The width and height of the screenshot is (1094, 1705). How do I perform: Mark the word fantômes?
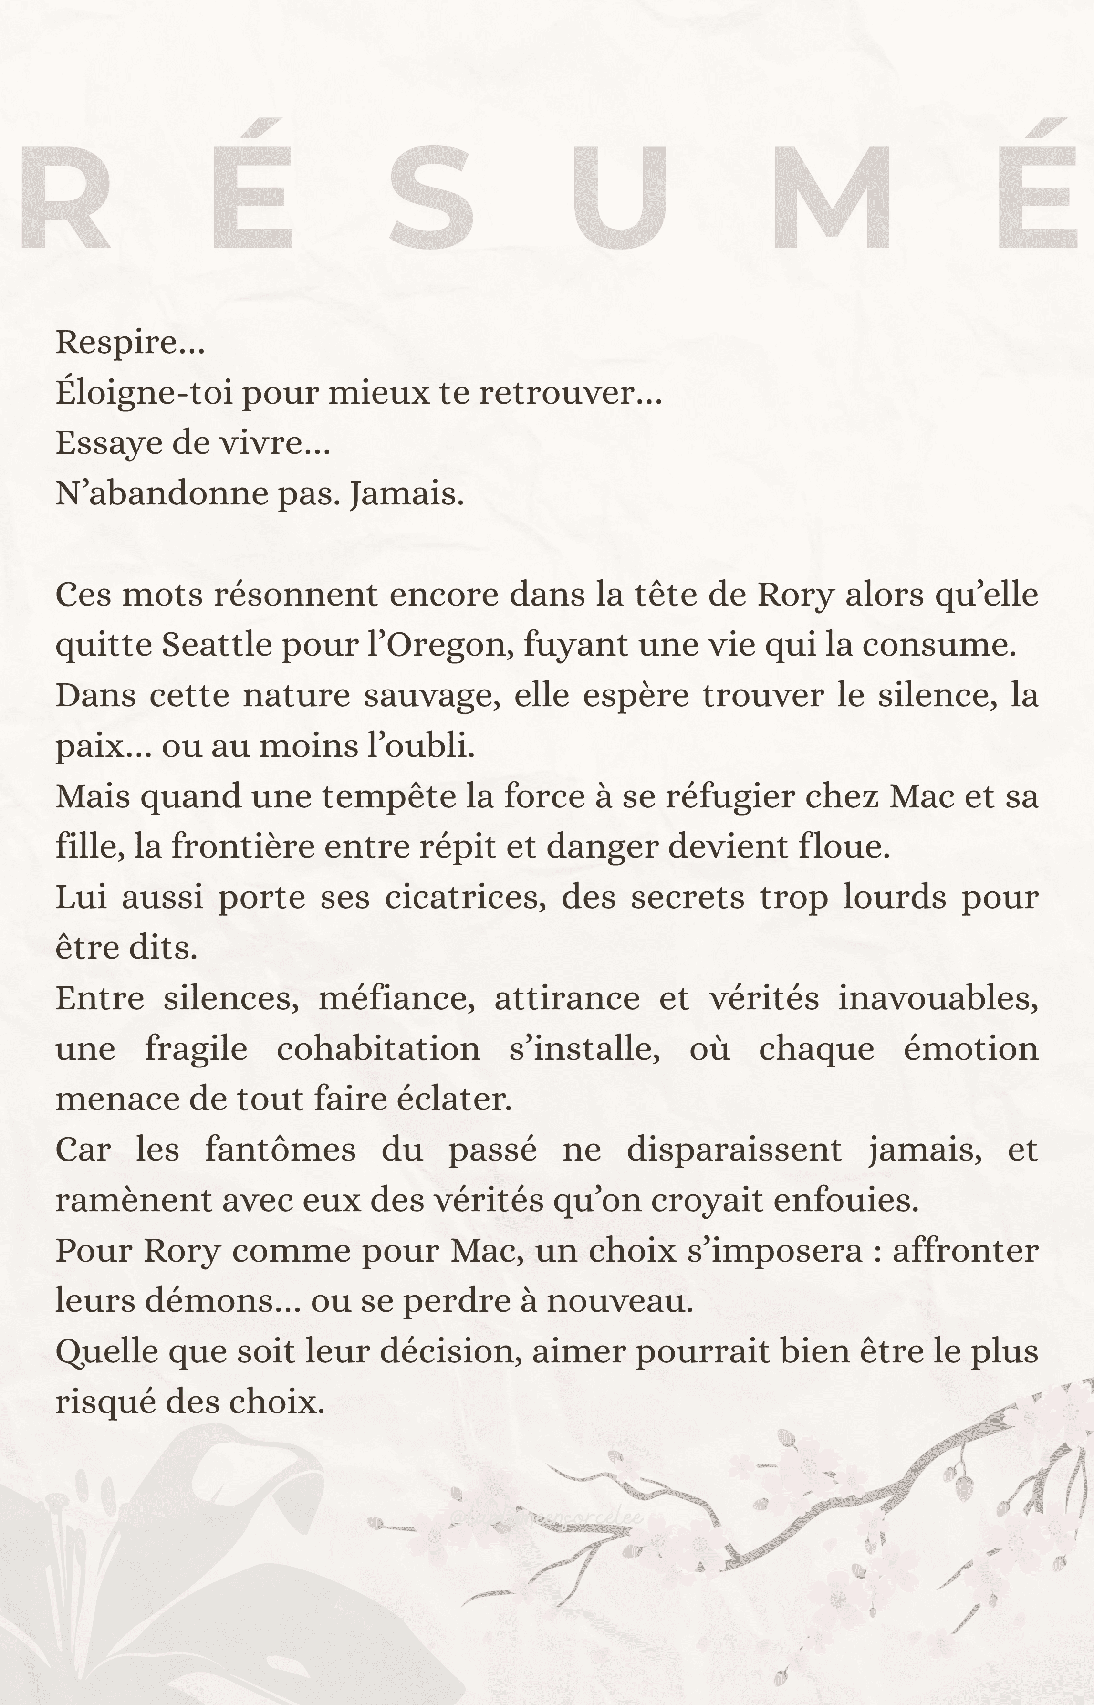pos(280,1150)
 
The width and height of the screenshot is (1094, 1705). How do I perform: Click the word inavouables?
pos(938,998)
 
